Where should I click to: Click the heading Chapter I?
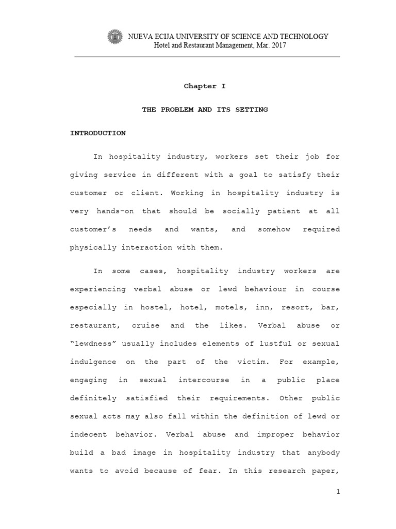tap(205, 86)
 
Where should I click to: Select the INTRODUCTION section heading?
tap(98, 133)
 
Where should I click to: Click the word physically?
tap(93, 247)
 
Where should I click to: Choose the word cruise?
tap(149, 325)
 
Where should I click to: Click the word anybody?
tap(322, 452)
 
